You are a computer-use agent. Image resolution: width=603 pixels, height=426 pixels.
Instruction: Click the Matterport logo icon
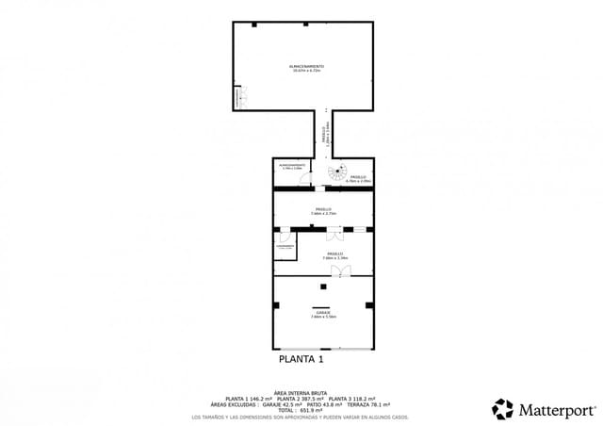pos(503,409)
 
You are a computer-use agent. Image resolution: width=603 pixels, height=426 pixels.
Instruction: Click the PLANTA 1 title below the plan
pos(301,359)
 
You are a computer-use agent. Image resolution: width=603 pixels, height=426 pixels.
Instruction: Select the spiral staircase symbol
pos(336,172)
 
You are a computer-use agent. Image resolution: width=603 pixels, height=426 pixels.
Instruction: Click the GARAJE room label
pos(323,312)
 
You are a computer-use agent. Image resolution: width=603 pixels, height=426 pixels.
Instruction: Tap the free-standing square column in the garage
pos(323,286)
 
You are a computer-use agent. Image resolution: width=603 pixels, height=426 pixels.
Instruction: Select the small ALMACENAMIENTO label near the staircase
pos(291,165)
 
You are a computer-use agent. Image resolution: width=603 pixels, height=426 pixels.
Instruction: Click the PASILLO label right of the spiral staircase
pos(359,177)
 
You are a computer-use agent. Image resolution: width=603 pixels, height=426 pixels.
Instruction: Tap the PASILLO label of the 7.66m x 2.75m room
pos(323,210)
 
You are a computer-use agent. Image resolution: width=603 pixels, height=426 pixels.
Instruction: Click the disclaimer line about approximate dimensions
pos(300,417)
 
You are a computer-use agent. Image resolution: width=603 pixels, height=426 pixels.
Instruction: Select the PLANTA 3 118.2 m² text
pos(349,399)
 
